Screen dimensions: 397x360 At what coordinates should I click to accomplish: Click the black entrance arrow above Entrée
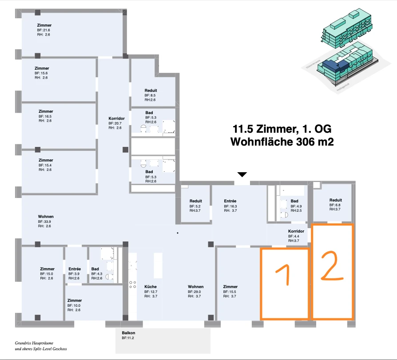coord(242,174)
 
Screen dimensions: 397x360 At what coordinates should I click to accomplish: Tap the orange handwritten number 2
coord(332,266)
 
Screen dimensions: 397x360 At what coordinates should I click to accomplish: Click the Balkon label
coord(128,332)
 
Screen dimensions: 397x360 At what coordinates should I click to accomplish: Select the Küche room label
coord(151,287)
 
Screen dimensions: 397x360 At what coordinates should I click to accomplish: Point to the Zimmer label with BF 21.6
coord(44,25)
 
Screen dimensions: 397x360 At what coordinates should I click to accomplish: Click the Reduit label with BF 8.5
coord(151,91)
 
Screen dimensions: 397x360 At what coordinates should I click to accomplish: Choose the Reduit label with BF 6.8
coord(335,200)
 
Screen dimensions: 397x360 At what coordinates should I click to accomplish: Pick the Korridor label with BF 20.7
coord(116,118)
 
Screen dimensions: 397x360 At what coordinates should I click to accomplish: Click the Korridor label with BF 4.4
coord(296,231)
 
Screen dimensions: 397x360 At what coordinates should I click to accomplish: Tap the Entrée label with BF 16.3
coord(230,201)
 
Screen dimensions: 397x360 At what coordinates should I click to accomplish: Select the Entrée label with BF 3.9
coord(75,269)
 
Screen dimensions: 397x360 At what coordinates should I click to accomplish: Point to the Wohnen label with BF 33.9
coord(46,217)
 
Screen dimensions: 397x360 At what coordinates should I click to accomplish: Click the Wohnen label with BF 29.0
coord(195,287)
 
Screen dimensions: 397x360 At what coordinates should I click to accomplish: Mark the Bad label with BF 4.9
coord(294,201)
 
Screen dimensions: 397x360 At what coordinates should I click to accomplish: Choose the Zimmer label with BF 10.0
coord(75,301)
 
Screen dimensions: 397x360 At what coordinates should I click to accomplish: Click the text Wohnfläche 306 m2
coord(282,142)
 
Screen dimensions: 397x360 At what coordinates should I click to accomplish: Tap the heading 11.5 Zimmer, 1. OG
coord(282,129)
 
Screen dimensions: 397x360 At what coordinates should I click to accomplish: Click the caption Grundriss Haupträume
coord(34,343)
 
